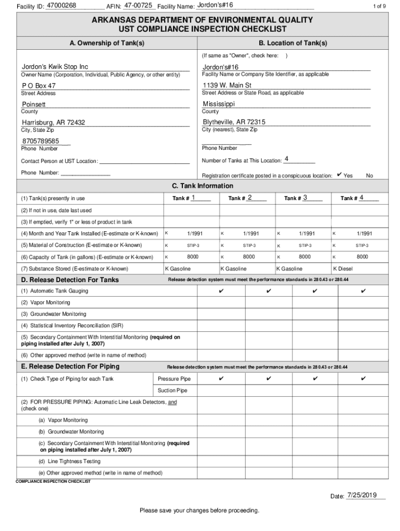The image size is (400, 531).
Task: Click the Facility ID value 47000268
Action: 61,5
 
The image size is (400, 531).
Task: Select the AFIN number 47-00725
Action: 139,5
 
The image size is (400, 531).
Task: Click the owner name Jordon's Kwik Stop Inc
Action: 55,67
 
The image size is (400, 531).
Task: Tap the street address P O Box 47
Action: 39,86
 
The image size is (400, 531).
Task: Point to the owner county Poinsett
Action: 34,104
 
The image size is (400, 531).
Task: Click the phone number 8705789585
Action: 41,141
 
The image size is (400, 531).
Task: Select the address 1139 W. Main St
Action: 227,85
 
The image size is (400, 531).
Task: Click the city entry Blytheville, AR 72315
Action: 234,122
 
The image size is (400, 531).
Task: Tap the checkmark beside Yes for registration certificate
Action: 339,175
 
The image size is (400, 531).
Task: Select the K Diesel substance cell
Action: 342,269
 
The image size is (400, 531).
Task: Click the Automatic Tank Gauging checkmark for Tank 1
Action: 221,291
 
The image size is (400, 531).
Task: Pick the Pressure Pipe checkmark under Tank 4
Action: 363,379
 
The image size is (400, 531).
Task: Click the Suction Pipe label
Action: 172,390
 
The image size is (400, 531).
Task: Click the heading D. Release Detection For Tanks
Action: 70,280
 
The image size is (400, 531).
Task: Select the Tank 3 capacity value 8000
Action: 305,257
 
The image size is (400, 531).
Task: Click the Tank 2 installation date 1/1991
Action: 249,234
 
